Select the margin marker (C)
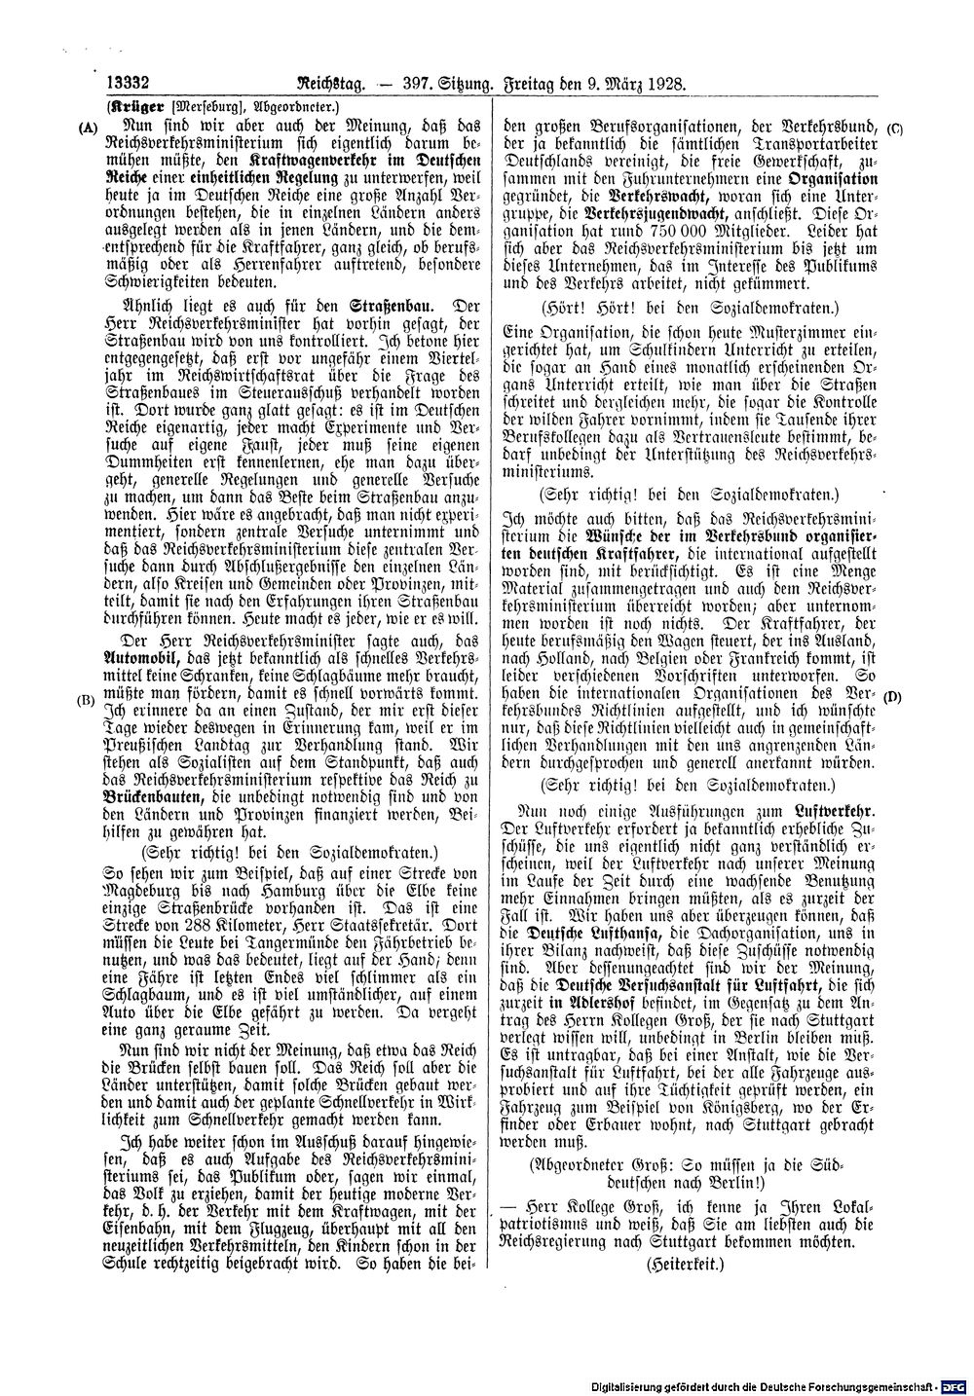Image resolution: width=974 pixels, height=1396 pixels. coord(896,128)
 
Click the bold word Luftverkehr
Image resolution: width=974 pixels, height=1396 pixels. coord(834,810)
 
